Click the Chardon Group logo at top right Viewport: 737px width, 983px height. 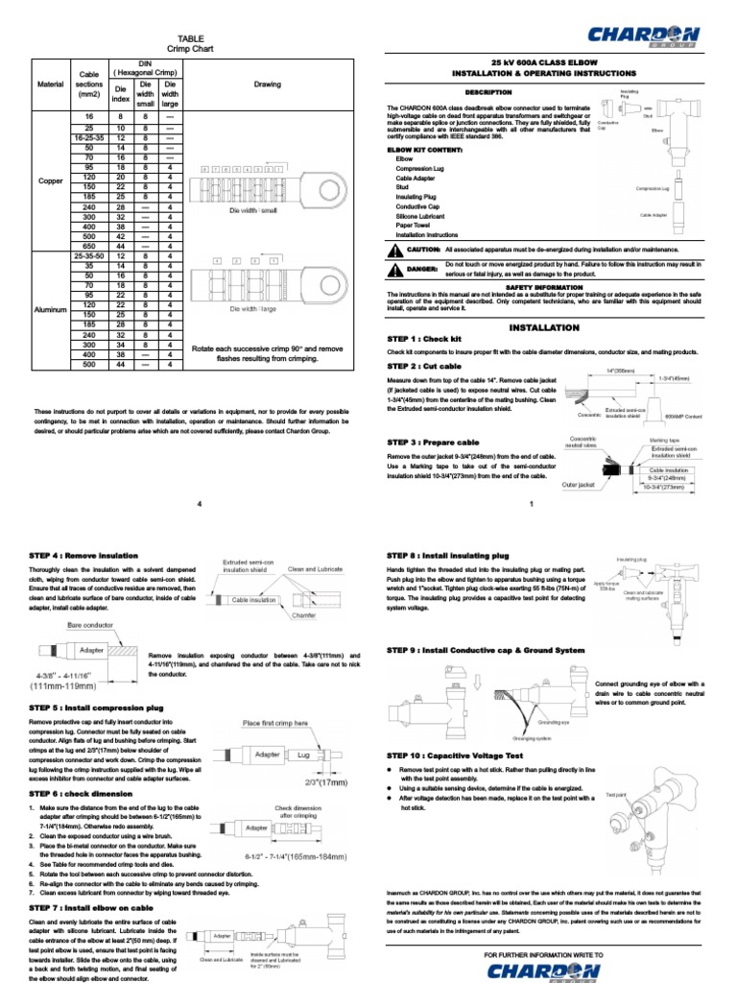pos(644,37)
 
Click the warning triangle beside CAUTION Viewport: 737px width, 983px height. pos(394,250)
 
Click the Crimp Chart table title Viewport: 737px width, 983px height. pos(191,48)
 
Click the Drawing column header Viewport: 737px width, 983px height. pos(267,84)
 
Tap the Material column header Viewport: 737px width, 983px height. pos(50,84)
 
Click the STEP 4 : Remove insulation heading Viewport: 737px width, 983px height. pos(90,556)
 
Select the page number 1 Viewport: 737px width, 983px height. pos(531,505)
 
